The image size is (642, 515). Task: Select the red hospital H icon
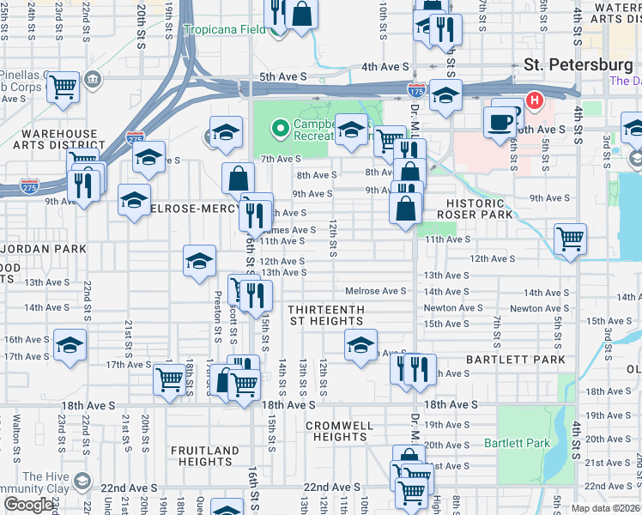coord(535,101)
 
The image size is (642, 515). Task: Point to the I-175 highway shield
coord(415,89)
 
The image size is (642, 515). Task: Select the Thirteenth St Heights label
coord(325,315)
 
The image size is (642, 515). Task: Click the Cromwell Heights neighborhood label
coord(340,431)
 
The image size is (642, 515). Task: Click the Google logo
coord(28,506)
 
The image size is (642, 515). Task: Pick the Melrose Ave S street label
coord(375,292)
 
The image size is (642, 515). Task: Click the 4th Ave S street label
coord(385,66)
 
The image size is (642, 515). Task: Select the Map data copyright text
coord(604,508)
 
